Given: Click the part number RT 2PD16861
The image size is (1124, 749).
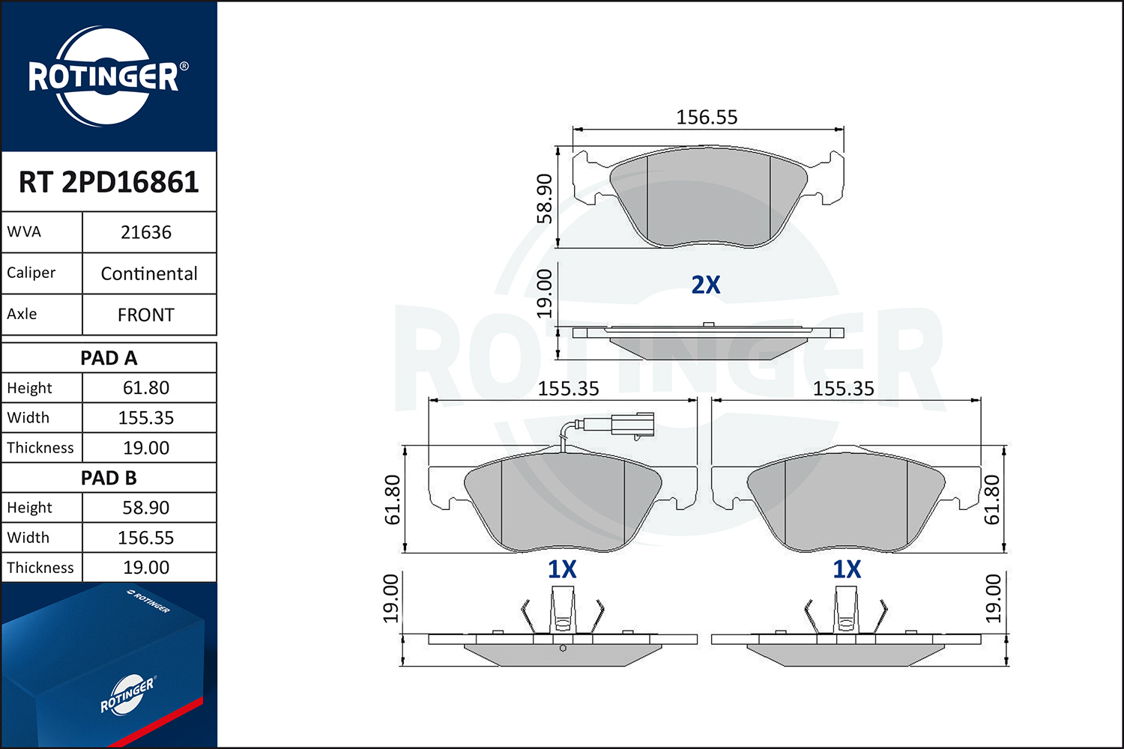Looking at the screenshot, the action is (109, 181).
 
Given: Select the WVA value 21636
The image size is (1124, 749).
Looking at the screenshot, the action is (146, 232).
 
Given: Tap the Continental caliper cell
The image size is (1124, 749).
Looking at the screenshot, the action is (149, 273).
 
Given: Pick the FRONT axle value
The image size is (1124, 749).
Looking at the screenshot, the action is (146, 315).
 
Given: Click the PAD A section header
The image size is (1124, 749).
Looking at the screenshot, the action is (109, 358).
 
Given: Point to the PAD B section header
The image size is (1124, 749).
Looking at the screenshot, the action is (109, 478).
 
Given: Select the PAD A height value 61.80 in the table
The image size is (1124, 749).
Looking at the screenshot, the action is (146, 388).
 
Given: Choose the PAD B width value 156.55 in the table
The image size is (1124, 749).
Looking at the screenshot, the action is (146, 537).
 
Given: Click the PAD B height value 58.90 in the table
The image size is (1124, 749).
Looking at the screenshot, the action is (146, 508).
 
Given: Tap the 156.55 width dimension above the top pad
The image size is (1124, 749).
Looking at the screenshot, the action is (707, 118).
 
